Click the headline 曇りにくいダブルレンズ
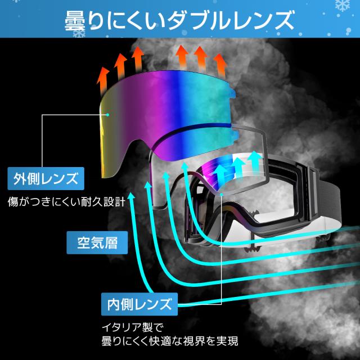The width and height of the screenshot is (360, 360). tap(179, 21)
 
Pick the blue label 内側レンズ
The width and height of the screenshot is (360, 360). tap(138, 305)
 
